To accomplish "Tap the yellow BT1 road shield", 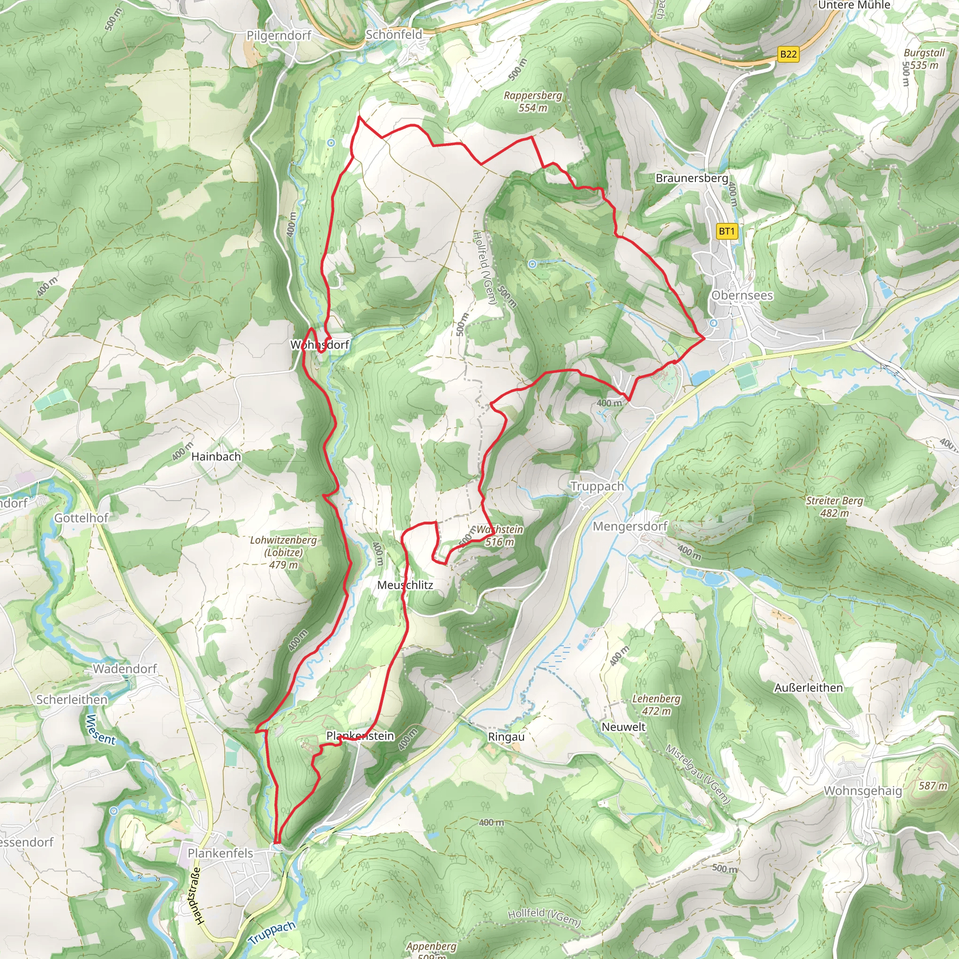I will pos(727,231).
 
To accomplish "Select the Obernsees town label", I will pos(742,295).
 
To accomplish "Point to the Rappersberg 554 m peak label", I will pos(532,101).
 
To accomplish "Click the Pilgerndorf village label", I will pos(279,35).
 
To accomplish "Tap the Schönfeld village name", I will pos(394,34).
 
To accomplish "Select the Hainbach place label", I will pos(216,456).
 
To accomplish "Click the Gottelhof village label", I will pos(81,518).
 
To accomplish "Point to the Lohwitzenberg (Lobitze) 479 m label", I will pos(283,552).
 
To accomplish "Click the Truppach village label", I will pos(597,486).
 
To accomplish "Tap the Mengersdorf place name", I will pos(630,526).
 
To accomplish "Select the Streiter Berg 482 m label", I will pos(834,506).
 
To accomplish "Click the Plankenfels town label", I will pos(220,853).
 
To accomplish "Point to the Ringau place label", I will pos(506,737).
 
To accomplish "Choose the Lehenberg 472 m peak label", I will pos(656,704).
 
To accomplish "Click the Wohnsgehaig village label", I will pos(863,790).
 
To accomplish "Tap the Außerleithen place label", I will pos(808,687).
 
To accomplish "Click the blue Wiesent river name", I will pos(101,730).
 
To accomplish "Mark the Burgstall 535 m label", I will pos(924,59).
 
